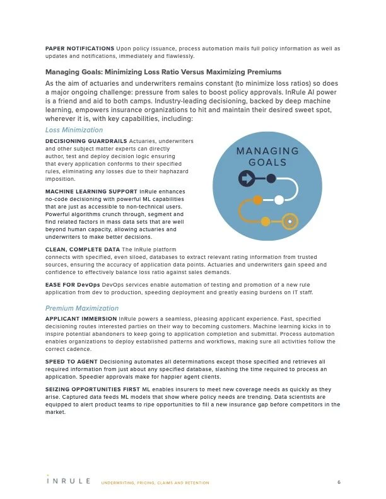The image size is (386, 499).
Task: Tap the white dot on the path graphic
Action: coord(279,200)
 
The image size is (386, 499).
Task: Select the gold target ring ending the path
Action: coord(290,221)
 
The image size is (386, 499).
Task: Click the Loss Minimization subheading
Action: coord(74,130)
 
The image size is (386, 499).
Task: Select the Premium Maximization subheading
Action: coord(82,308)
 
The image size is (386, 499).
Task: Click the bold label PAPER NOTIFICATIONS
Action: coord(79,48)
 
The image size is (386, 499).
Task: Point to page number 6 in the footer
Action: coord(339,482)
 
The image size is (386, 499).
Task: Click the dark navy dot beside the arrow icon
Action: coord(271,178)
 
